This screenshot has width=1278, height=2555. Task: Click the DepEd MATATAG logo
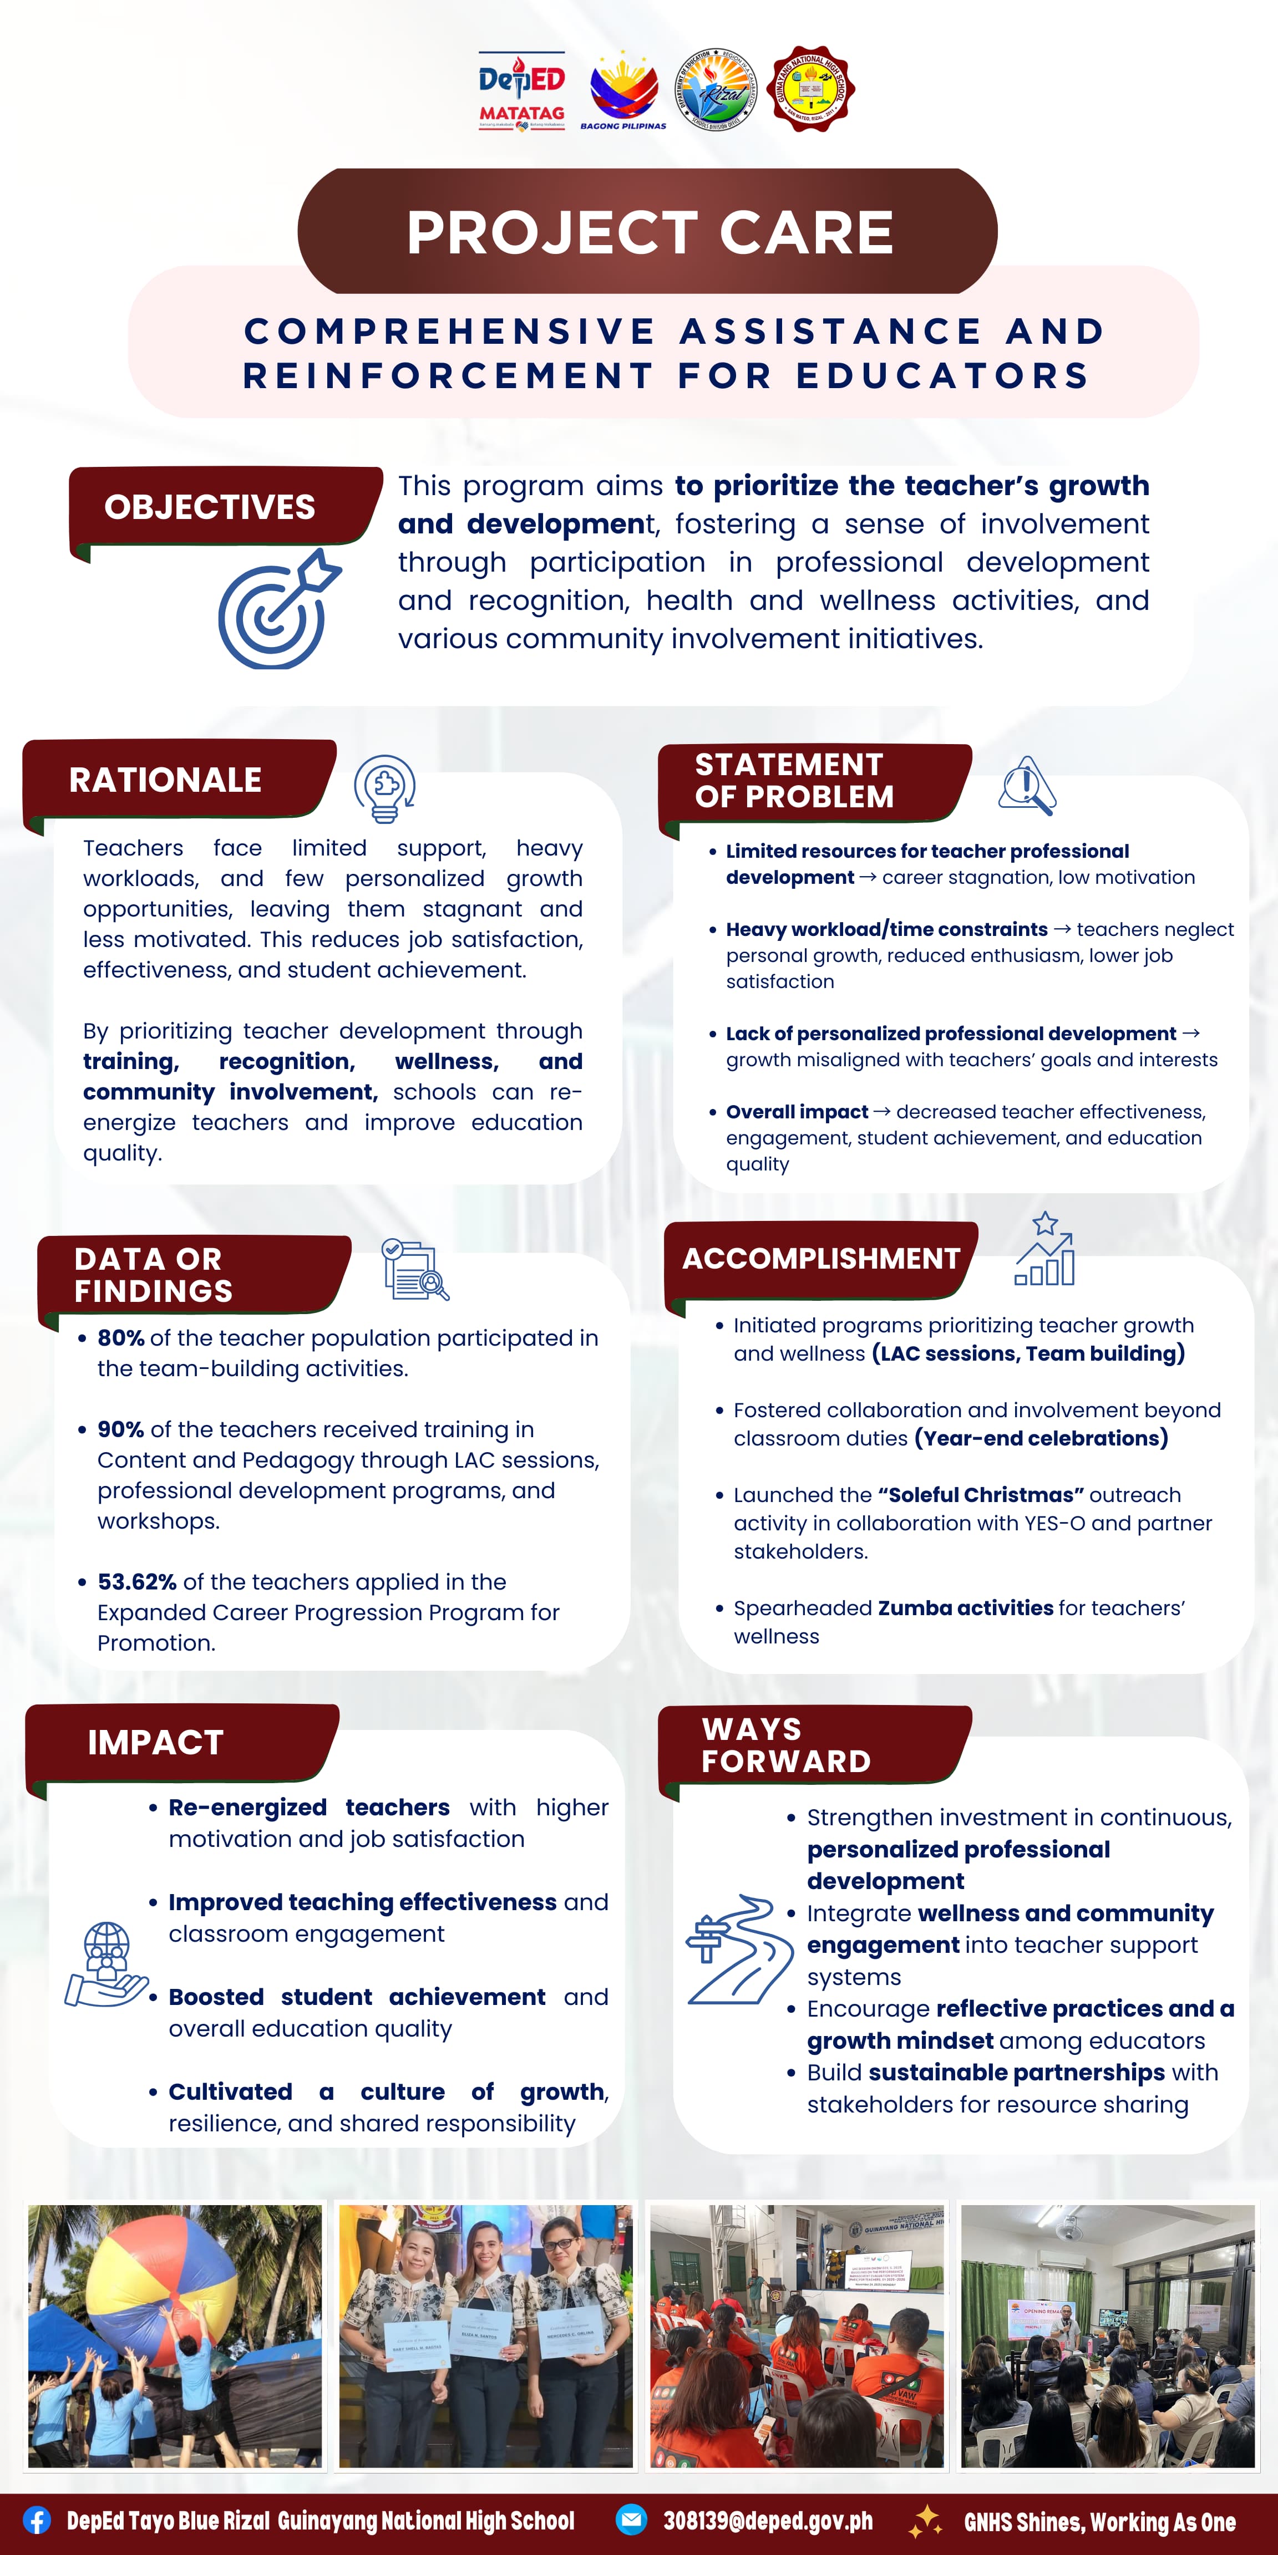click(x=522, y=90)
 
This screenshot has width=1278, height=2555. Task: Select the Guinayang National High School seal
click(x=812, y=88)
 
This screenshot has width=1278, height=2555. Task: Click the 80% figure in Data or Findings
click(x=121, y=1338)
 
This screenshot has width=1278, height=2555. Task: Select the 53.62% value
click(x=137, y=1582)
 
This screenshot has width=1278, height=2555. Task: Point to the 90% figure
click(x=121, y=1429)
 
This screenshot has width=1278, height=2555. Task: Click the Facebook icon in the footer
click(x=37, y=2520)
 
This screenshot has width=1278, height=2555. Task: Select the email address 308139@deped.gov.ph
click(x=768, y=2520)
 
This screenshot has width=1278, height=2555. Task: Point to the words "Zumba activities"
click(x=966, y=1608)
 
